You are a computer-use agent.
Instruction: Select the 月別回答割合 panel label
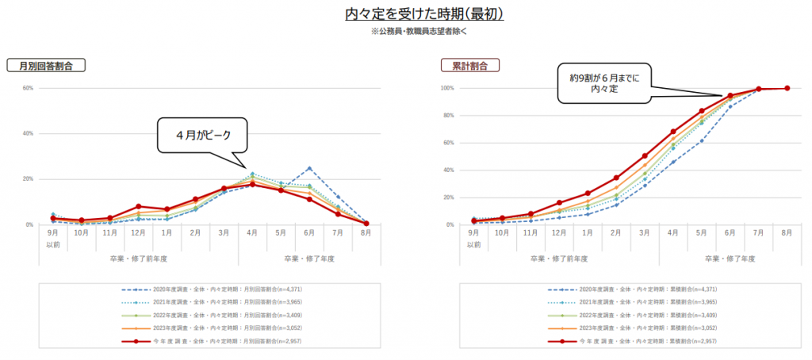[46, 67]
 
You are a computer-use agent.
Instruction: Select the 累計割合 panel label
[470, 67]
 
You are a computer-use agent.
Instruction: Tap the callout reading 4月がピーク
[203, 135]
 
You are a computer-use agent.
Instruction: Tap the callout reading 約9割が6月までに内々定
[604, 84]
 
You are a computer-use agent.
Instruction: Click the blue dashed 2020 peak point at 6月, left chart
[309, 168]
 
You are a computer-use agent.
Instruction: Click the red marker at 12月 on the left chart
[138, 206]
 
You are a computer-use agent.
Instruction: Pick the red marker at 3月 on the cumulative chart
[645, 156]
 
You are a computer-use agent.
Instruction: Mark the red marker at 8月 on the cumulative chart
[787, 88]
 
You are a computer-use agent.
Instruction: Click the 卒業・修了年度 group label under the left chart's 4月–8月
[309, 259]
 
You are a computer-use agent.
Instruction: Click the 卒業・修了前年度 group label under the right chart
[559, 259]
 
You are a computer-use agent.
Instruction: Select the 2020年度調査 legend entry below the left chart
[209, 289]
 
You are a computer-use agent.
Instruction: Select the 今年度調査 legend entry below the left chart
[209, 341]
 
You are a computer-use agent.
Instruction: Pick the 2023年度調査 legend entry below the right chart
[630, 328]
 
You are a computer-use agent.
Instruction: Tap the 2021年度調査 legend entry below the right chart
[630, 302]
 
